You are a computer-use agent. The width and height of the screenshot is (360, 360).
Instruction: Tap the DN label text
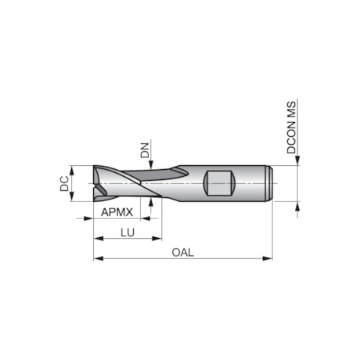[145, 149]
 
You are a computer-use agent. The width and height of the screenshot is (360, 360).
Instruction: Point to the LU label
[128, 232]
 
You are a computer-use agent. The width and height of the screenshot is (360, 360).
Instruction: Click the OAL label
[182, 252]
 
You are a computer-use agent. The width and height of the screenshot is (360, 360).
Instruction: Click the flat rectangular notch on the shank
[219, 183]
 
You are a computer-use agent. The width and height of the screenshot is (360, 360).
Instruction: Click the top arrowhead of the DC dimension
[72, 168]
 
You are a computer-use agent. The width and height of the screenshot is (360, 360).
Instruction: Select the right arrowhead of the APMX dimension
[146, 218]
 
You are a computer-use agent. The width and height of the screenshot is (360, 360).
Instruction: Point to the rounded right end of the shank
[270, 183]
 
